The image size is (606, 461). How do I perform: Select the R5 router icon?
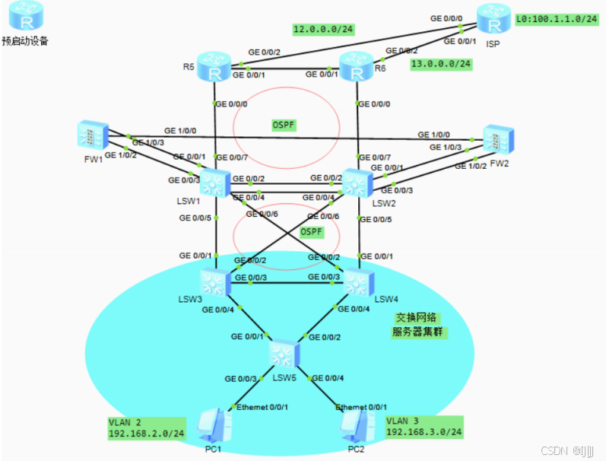(215, 68)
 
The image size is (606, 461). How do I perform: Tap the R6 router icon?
(357, 68)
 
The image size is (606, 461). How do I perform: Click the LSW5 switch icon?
(284, 353)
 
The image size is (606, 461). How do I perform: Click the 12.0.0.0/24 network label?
(323, 30)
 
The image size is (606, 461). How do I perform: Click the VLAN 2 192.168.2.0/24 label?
(147, 427)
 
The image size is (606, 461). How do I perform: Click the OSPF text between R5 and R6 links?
(284, 124)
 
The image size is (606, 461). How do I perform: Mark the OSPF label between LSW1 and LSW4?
(313, 231)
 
